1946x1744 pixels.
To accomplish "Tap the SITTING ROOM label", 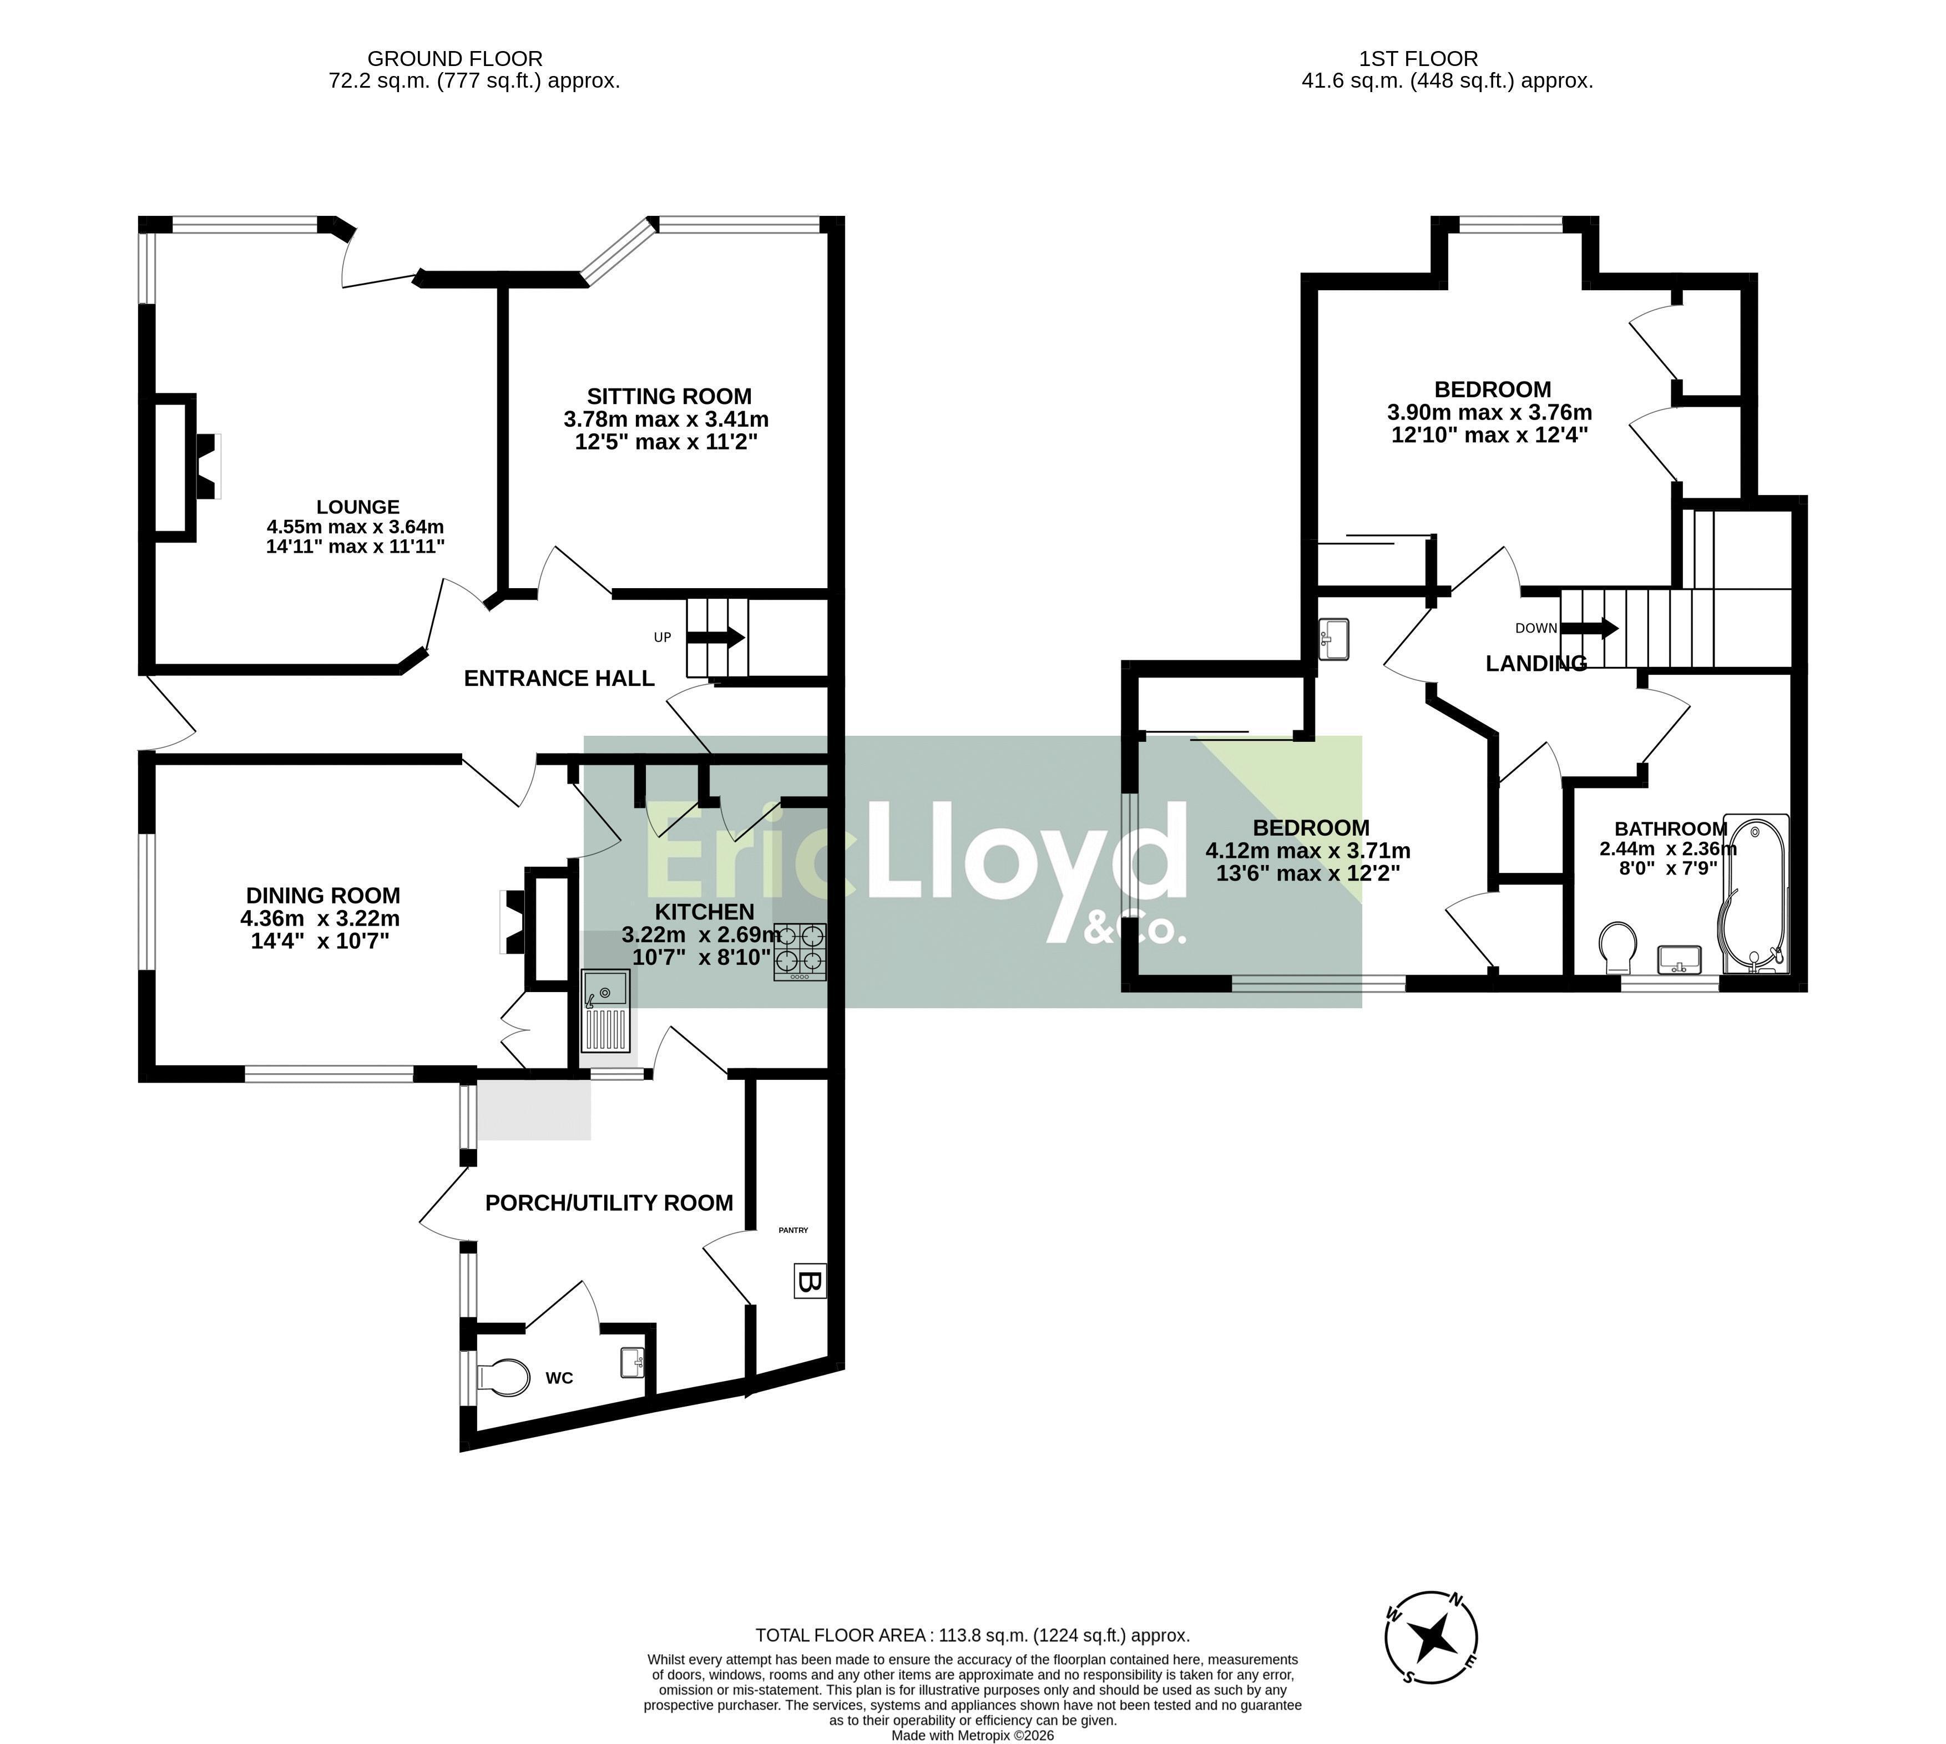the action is [669, 396].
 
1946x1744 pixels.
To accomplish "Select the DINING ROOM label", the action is [323, 895].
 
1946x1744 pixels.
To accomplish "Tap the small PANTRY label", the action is [793, 1230].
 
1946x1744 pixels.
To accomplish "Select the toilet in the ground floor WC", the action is [503, 1378].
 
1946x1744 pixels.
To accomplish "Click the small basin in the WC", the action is [633, 1362].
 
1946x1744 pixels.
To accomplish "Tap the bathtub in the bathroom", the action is [1755, 894].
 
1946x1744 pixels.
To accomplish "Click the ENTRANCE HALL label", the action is [559, 679].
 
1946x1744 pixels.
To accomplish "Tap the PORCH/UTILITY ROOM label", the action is [609, 1202].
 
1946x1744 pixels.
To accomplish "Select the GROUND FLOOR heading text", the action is [455, 58].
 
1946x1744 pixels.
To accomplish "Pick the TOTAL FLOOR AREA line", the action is [973, 1636].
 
